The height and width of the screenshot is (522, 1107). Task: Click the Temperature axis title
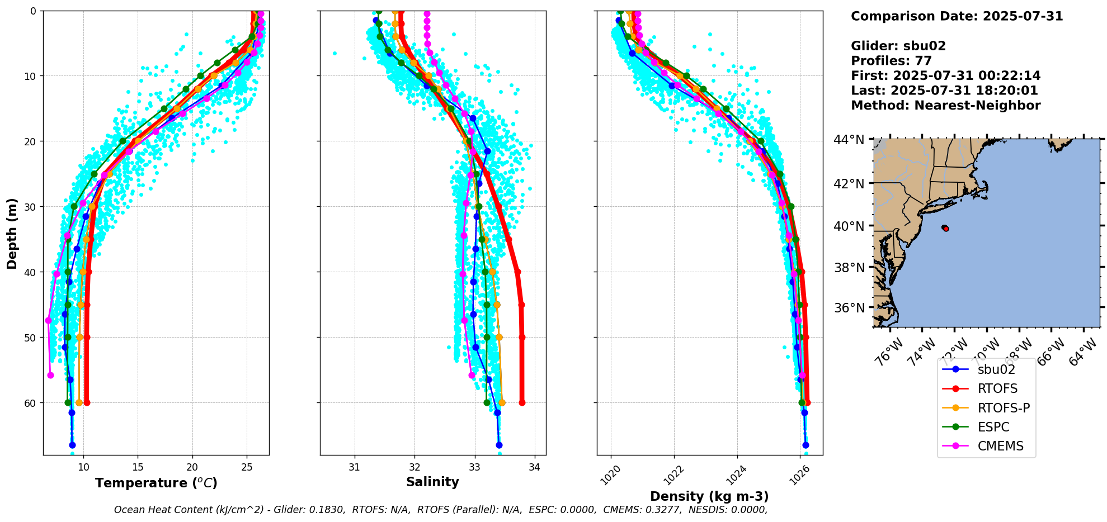coord(156,483)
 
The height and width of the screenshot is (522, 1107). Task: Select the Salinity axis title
coord(432,482)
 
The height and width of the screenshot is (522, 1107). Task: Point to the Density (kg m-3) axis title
coord(709,496)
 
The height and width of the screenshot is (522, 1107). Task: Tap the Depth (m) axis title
coord(12,233)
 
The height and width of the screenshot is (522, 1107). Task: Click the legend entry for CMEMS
coord(1000,446)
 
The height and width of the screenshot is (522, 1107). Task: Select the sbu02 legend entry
coord(996,369)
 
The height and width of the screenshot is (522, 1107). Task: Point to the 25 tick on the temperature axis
coord(247,467)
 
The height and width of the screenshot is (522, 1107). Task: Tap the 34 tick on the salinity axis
coord(535,467)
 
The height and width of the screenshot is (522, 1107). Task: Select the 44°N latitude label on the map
coord(849,139)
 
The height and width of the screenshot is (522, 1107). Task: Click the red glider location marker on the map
coord(945,228)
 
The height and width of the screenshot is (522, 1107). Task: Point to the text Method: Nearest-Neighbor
coord(945,106)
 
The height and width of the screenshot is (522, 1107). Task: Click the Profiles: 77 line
coord(891,61)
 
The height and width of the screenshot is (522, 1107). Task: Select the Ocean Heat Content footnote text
coord(440,510)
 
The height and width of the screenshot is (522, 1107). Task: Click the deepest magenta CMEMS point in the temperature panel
coord(50,375)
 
